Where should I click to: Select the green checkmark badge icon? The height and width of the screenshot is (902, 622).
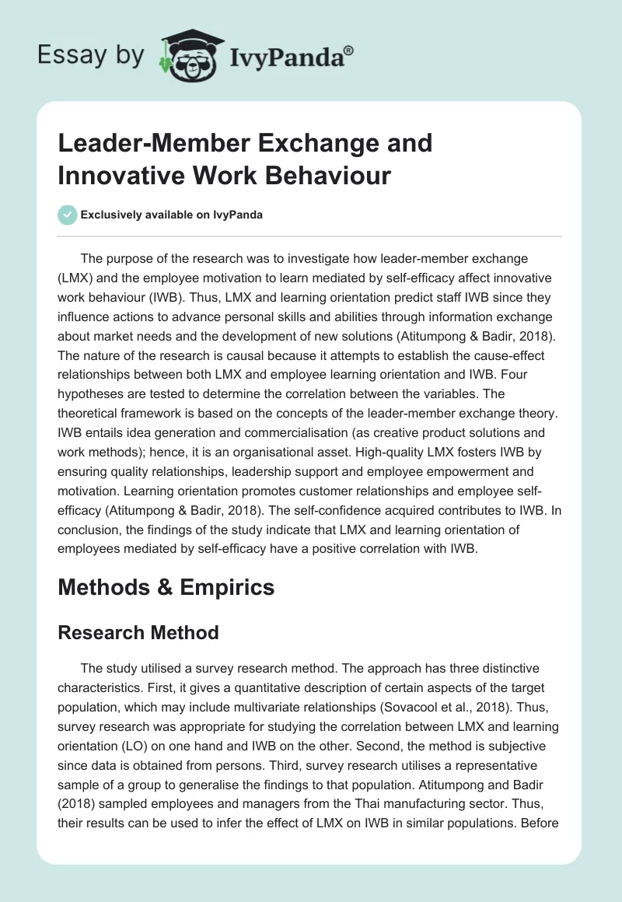[68, 215]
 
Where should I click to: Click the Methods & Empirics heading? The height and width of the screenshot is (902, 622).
[166, 587]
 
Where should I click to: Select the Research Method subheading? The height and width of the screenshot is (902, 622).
[138, 633]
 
